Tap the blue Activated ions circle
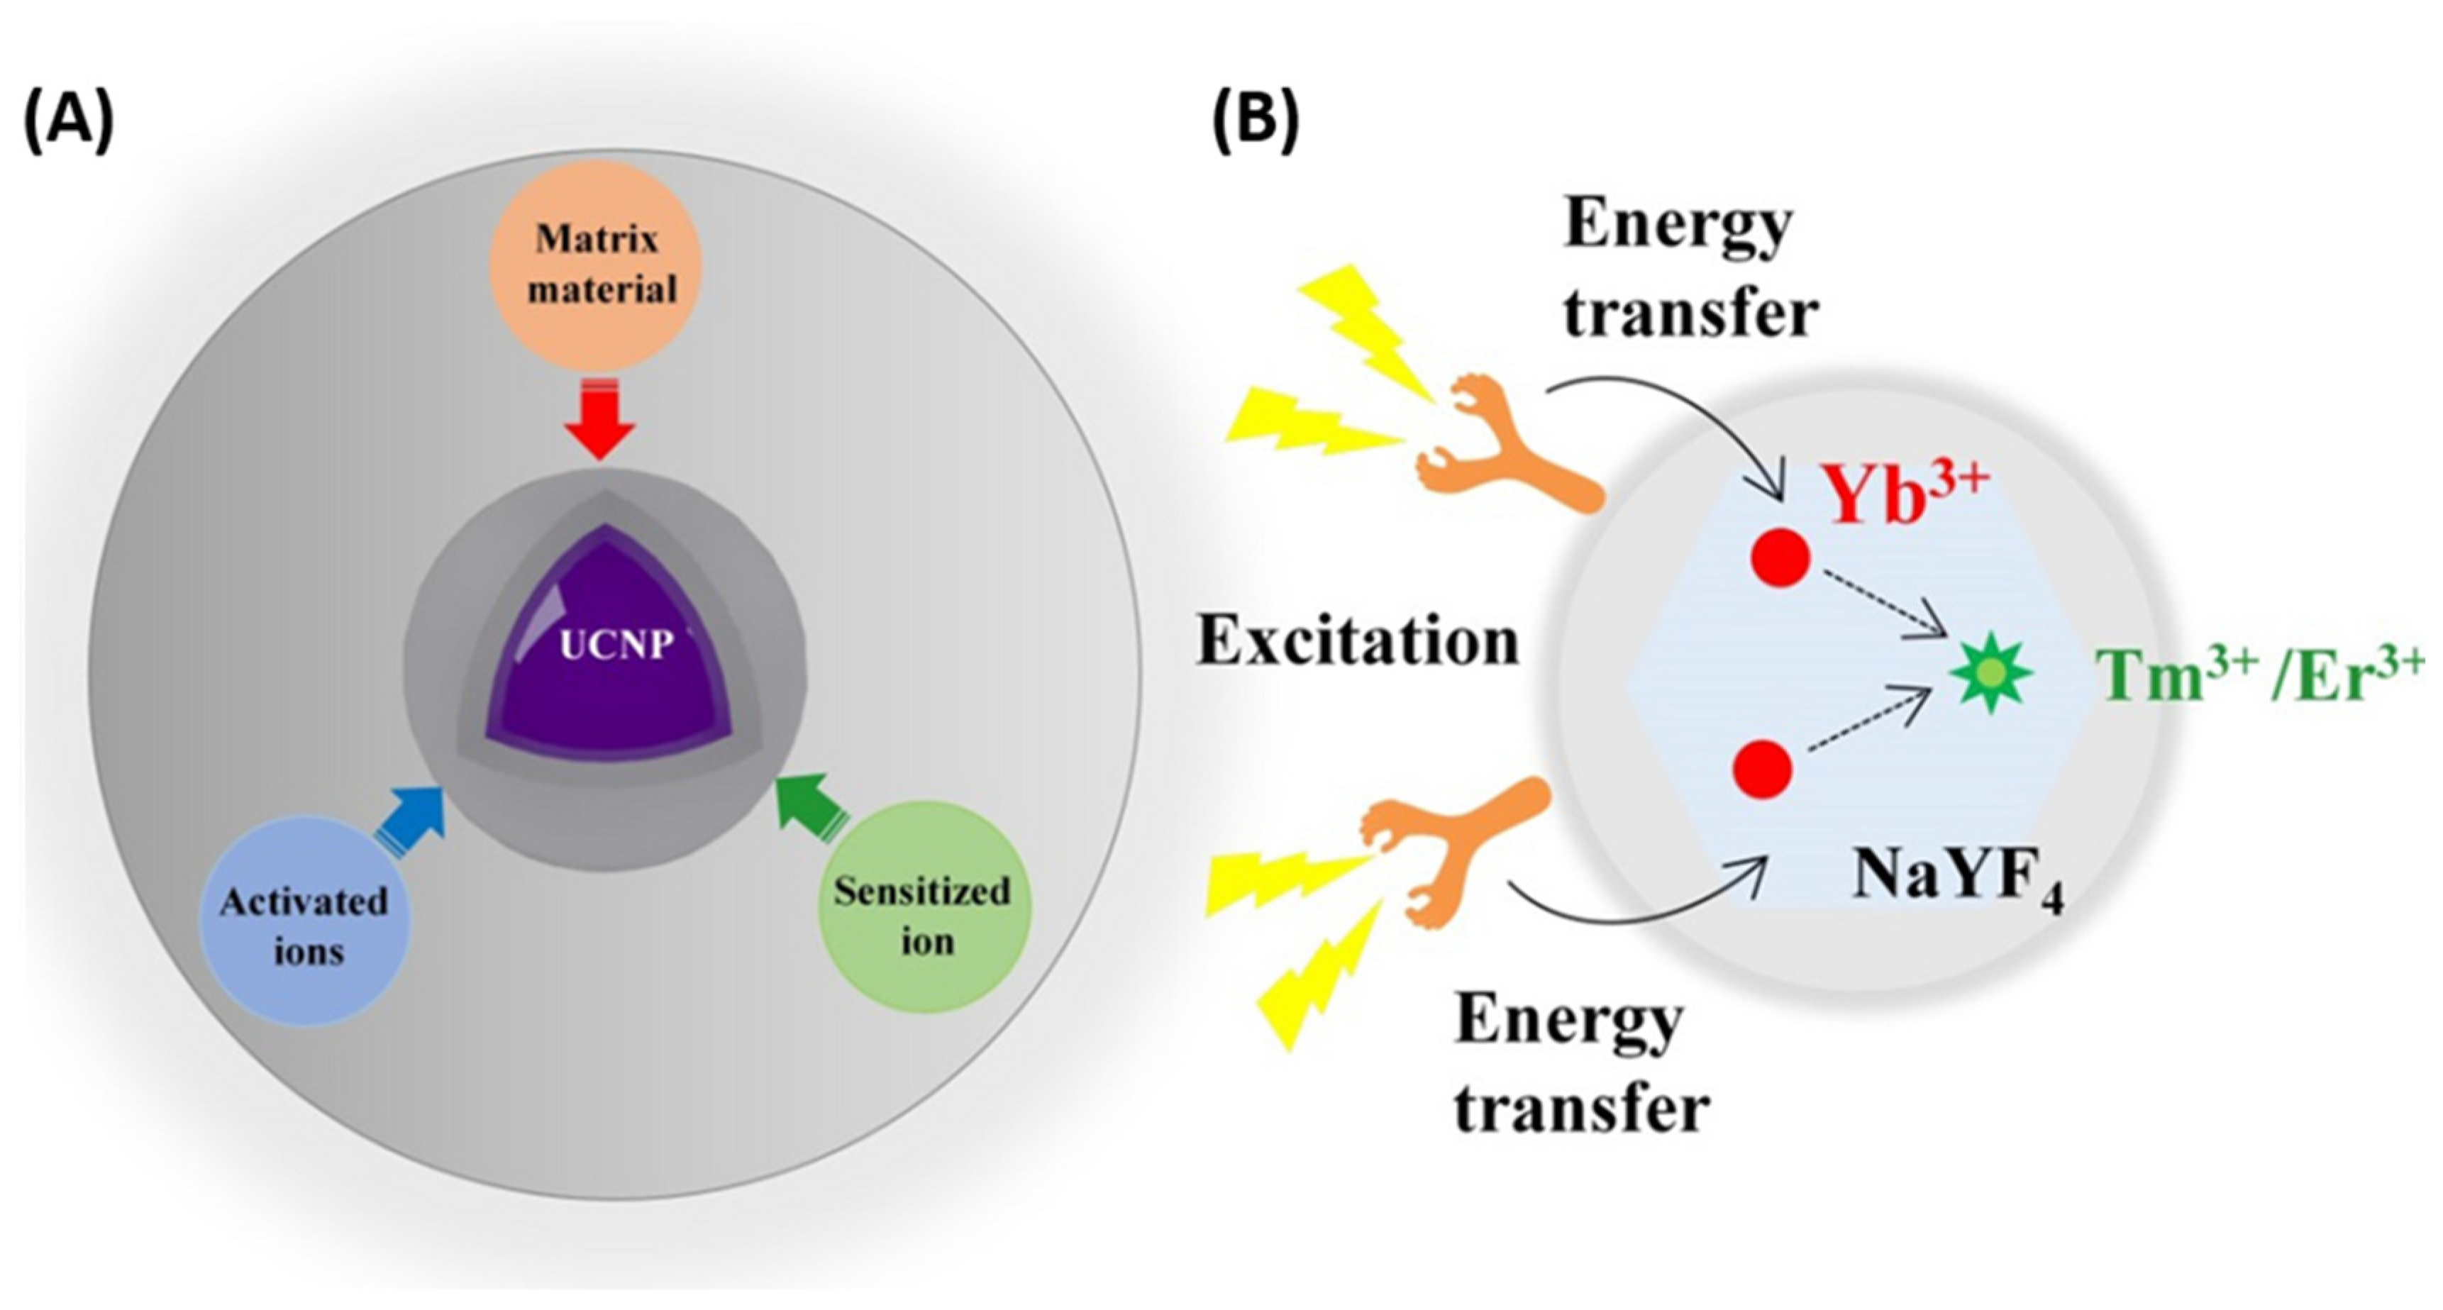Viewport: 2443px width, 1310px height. point(304,925)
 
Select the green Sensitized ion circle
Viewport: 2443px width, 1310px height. point(922,916)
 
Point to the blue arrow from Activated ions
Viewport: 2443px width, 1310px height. point(413,811)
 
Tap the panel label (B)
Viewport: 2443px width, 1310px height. point(1256,123)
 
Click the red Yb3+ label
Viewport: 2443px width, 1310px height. point(1906,495)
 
